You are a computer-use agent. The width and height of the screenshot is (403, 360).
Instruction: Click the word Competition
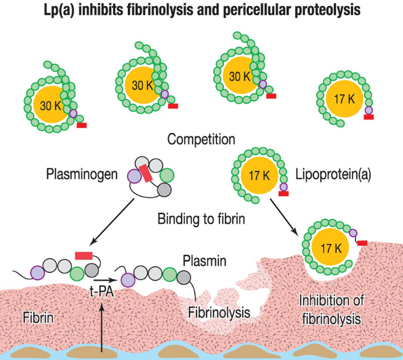pyautogui.click(x=201, y=140)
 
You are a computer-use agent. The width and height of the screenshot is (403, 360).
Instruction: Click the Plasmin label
pyautogui.click(x=202, y=259)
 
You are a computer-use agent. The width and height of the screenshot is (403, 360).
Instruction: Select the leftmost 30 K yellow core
pyautogui.click(x=49, y=105)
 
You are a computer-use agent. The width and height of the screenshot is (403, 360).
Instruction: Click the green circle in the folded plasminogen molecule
pyautogui.click(x=167, y=176)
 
